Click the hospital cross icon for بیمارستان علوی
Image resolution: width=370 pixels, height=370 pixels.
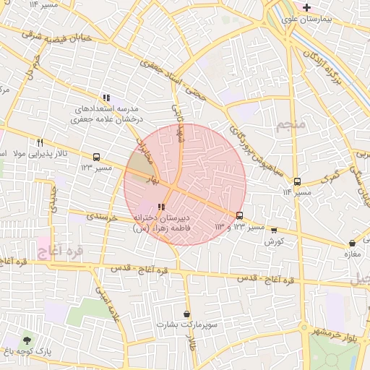point(307,7)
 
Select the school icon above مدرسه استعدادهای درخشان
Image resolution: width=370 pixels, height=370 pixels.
point(106,98)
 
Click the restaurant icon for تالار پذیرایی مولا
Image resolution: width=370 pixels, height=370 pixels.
point(40,142)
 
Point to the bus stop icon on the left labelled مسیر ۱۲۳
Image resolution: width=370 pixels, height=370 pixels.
point(96,157)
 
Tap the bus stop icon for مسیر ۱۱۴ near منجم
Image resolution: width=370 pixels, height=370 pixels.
point(298,181)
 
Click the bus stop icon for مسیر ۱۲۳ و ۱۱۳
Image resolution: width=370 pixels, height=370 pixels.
point(239,215)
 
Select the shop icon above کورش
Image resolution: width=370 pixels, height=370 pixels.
point(273,231)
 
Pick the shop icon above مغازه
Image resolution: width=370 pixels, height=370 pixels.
point(352,244)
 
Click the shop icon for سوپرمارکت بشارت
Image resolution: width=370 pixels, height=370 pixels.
point(188,314)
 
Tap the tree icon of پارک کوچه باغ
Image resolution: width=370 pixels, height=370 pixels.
point(27,340)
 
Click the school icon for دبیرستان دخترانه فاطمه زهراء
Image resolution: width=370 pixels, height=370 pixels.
point(160,207)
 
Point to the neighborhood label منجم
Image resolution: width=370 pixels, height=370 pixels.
point(291,125)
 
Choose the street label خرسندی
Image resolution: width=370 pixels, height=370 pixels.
point(102,215)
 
